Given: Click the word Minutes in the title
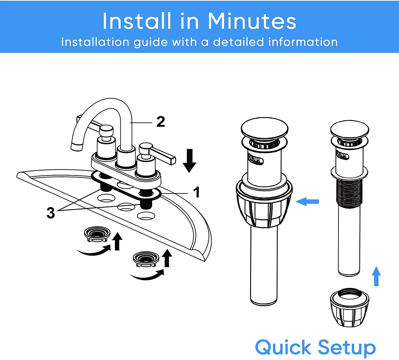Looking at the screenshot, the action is coord(252,21).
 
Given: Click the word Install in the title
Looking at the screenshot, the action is coord(137,21).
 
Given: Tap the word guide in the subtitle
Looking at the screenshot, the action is coord(150,43).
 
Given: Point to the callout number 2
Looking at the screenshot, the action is coord(161,122).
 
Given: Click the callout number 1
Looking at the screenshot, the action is coord(197,192).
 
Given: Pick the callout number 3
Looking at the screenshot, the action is coord(51,213).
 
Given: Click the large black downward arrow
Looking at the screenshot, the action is coord(189,161).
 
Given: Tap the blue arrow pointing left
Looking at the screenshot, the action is coord(307,201).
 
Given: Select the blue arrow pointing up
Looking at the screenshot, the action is coord(376,276).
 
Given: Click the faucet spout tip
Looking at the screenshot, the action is coord(77,146).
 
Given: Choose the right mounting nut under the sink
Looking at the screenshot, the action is coord(146,259).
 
